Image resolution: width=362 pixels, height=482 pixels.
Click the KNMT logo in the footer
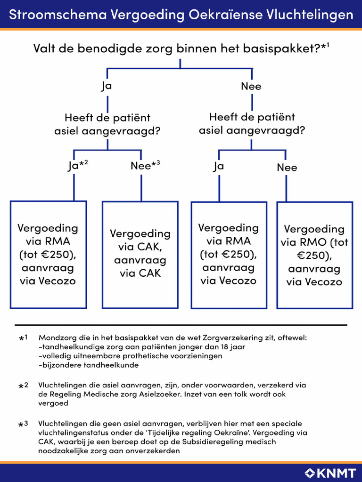[x=330, y=473]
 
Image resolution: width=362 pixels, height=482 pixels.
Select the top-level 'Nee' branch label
[x=251, y=87]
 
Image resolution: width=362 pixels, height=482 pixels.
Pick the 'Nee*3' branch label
[x=146, y=166]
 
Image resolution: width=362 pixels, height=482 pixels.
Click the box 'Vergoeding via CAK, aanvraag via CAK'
[x=140, y=254]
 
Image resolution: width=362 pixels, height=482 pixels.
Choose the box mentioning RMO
[x=314, y=255]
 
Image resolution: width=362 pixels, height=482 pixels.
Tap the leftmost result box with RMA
[x=48, y=254]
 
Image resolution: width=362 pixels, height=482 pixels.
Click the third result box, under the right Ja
[x=229, y=254]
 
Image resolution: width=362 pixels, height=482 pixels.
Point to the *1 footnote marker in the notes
[x=24, y=338]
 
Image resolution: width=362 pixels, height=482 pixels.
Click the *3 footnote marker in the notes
[x=24, y=424]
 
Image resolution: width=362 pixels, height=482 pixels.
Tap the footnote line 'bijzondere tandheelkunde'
[x=90, y=365]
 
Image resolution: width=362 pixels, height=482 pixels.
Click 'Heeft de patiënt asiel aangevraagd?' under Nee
[x=252, y=123]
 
